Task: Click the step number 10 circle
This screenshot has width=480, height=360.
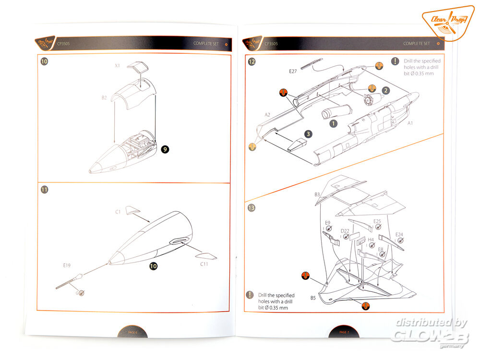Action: point(45,62)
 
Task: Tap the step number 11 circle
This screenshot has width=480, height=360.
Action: point(44,190)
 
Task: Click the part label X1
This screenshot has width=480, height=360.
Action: point(118,65)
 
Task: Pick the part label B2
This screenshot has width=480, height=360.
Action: point(104,97)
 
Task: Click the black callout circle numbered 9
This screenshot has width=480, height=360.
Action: point(165,149)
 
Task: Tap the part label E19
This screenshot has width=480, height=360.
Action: point(67,264)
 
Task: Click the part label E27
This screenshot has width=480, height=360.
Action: point(293,72)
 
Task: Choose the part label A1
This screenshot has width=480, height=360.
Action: point(410,123)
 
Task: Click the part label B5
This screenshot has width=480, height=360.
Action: point(312,298)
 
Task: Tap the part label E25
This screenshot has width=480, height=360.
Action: point(377,221)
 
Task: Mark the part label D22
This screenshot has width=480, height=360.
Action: point(345,231)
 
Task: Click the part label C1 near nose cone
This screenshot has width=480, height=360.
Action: point(118,211)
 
